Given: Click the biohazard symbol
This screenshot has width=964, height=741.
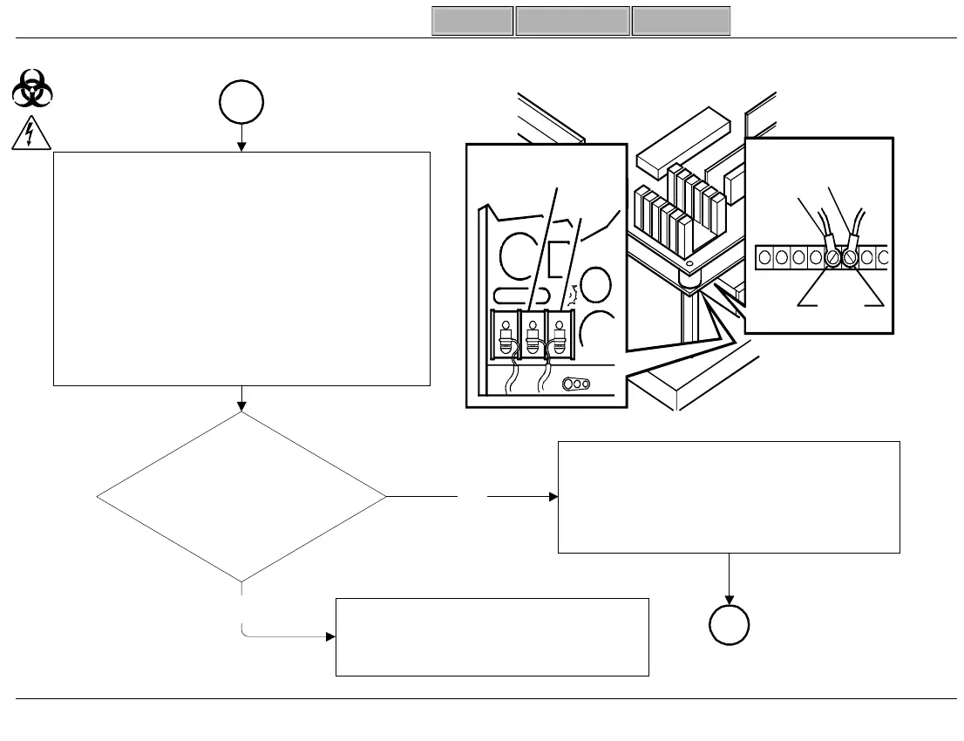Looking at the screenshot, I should coord(33,89).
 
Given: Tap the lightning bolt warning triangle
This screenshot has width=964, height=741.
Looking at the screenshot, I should coord(32,133).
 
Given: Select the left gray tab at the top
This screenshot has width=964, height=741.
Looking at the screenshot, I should coord(472,21).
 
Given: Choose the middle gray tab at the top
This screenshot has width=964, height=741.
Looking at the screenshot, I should coord(573,21).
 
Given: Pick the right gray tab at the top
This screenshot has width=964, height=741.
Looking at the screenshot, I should coord(681,21).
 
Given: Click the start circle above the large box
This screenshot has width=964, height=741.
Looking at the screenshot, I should coord(241,101).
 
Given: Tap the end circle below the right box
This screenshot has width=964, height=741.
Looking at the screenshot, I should coord(729,625).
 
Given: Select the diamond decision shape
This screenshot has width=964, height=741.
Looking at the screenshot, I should coord(241,497).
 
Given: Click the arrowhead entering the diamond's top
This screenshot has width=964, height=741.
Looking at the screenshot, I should coord(241,406).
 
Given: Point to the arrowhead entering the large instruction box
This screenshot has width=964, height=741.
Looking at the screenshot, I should coord(241,146).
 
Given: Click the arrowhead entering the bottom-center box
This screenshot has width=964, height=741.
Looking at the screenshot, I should coord(330,636).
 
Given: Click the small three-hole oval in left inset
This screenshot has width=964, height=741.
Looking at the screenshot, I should coord(576,384).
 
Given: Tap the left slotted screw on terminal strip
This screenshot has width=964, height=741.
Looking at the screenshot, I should coord(832,258).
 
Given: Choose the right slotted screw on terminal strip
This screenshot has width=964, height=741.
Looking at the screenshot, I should coord(850,258).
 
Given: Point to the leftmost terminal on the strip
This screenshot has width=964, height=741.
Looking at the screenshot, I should coord(764,258).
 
